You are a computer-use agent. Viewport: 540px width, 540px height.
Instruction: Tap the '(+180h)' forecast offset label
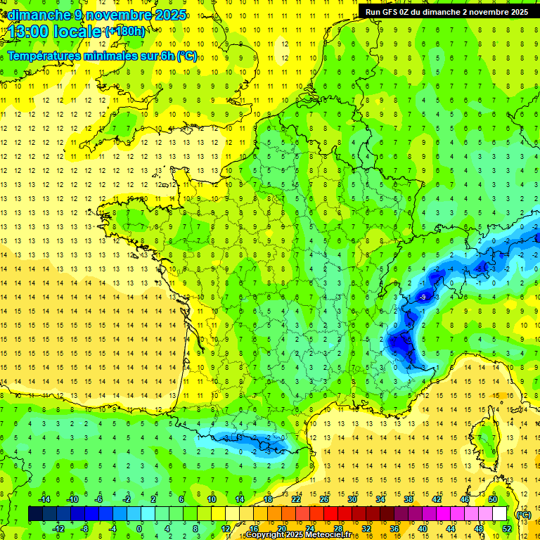(x=125, y=31)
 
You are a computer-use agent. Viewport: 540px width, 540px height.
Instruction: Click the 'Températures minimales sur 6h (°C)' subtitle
(x=102, y=56)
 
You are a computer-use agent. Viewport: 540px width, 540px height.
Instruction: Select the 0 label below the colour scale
(x=139, y=529)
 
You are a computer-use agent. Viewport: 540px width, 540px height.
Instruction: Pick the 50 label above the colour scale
(x=492, y=499)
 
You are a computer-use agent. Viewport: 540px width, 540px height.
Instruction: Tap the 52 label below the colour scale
(x=506, y=529)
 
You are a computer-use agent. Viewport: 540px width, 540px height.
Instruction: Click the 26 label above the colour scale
(x=324, y=499)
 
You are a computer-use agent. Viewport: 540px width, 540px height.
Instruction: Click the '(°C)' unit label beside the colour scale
(x=523, y=514)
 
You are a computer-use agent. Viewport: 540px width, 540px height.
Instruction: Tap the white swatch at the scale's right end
(x=500, y=514)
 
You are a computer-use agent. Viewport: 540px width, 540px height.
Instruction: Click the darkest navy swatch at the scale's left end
(x=36, y=514)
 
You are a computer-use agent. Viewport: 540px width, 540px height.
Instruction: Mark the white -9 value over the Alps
(x=423, y=298)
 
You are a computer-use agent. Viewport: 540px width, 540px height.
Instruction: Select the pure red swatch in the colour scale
(x=331, y=514)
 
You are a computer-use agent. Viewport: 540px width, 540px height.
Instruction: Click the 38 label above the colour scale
(x=408, y=499)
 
